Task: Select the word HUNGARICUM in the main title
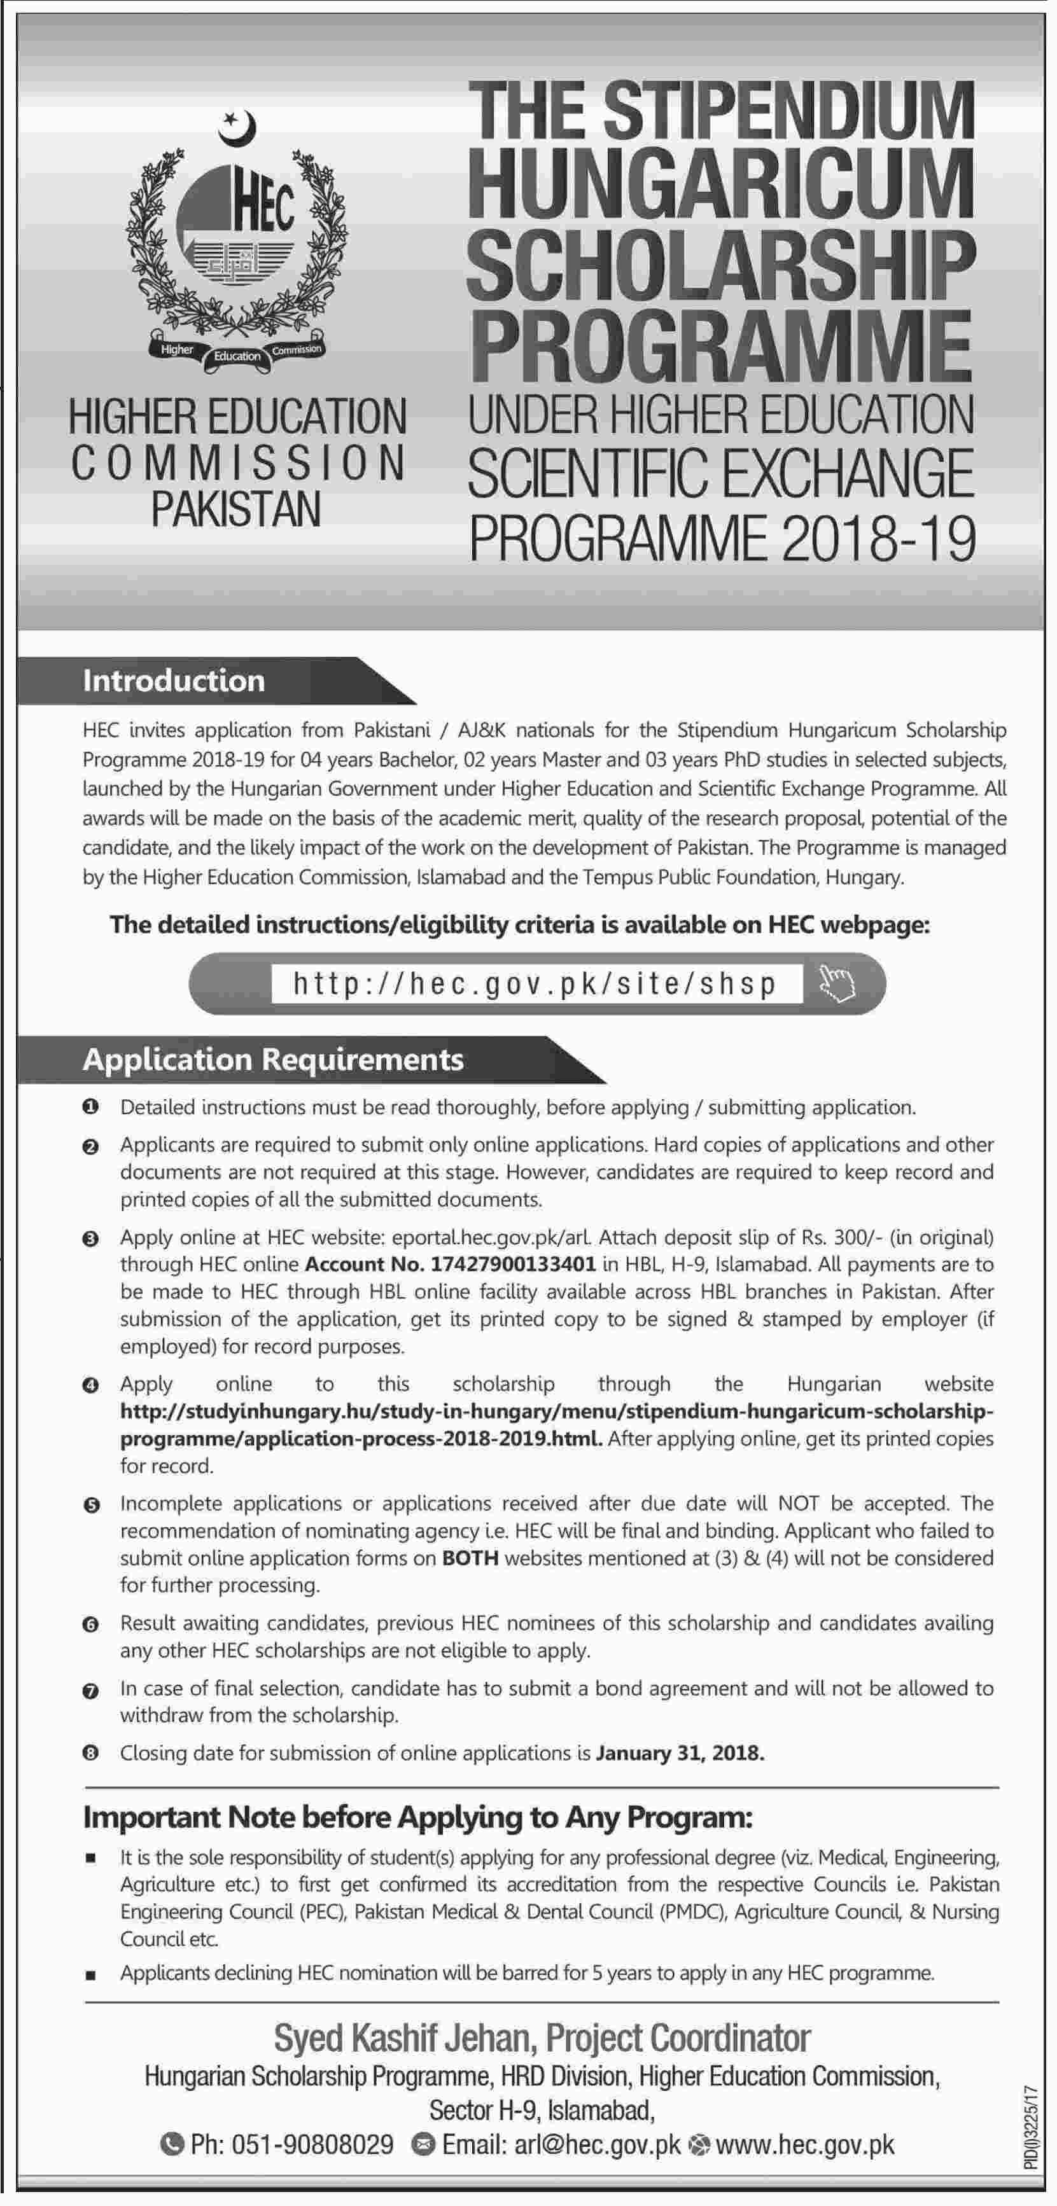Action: coord(720,183)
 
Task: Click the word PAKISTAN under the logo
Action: coord(237,509)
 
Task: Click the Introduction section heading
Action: coord(174,681)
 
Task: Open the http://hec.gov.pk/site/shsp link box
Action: coord(536,983)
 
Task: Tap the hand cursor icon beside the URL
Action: coord(836,983)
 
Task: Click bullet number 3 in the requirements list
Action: coord(91,1238)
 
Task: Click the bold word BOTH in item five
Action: coord(470,1558)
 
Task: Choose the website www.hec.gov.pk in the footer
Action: coord(804,2145)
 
